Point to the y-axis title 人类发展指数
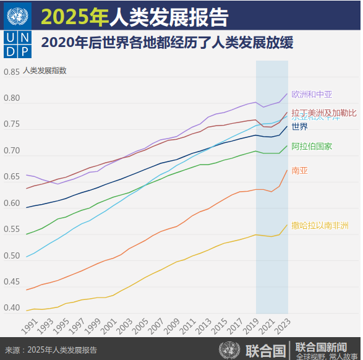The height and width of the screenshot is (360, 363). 45,71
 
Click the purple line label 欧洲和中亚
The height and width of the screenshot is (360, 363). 312,95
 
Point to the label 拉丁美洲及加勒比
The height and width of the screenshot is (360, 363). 324,113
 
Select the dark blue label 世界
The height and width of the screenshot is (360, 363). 300,127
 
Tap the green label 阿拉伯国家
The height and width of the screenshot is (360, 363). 312,147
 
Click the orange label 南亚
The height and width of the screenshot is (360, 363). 299,170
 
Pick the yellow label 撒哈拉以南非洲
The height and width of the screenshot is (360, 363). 320,225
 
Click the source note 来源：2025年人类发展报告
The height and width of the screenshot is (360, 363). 51,350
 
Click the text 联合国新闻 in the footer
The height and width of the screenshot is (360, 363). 320,346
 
